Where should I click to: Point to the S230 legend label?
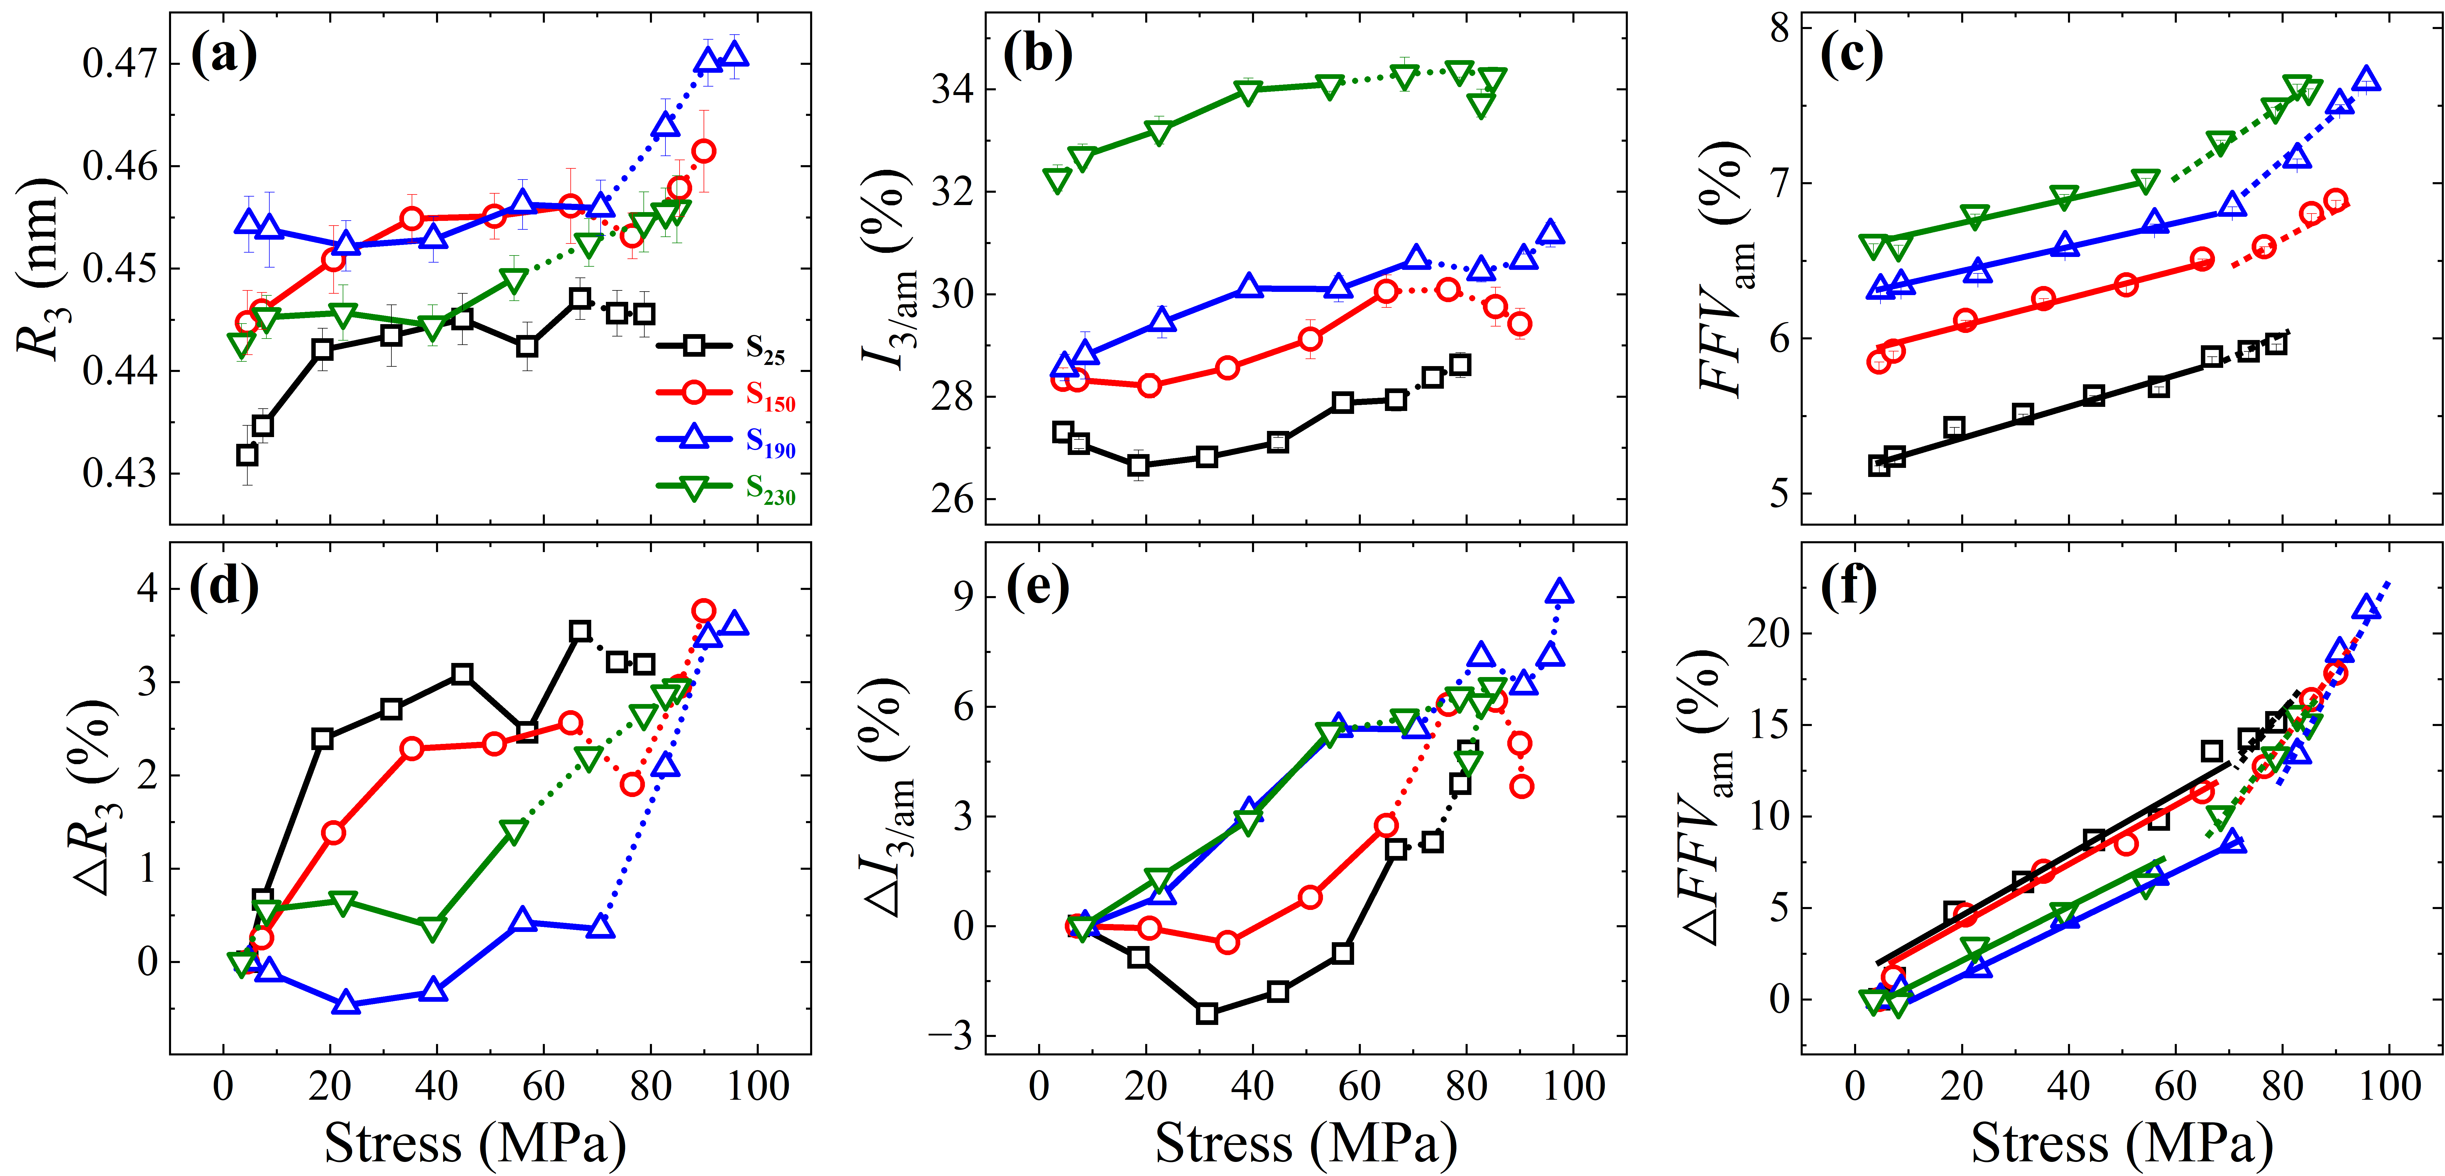click(770, 490)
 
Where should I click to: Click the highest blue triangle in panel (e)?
click(1559, 591)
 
